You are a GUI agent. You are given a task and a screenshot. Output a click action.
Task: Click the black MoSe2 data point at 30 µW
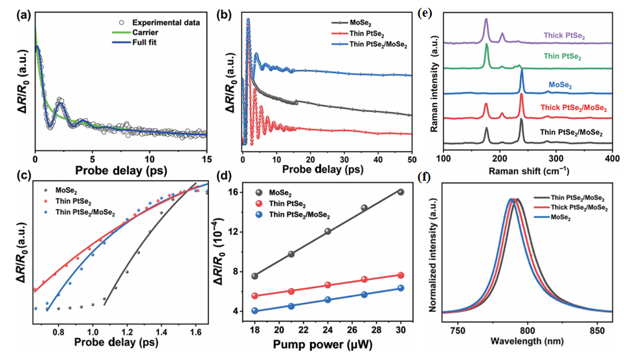pyautogui.click(x=401, y=192)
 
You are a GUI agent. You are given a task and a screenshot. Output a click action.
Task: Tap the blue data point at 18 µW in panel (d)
pyautogui.click(x=255, y=311)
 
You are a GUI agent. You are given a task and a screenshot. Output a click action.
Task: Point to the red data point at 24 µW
pyautogui.click(x=328, y=285)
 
